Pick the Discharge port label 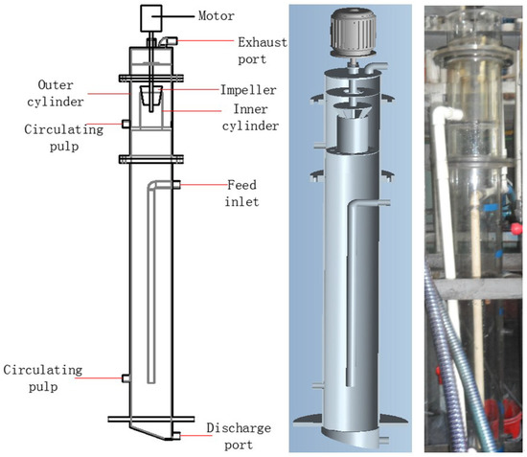coord(234,434)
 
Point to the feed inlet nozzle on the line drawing coord(175,184)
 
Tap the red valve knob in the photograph coord(518,230)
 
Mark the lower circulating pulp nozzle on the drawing coord(125,378)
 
